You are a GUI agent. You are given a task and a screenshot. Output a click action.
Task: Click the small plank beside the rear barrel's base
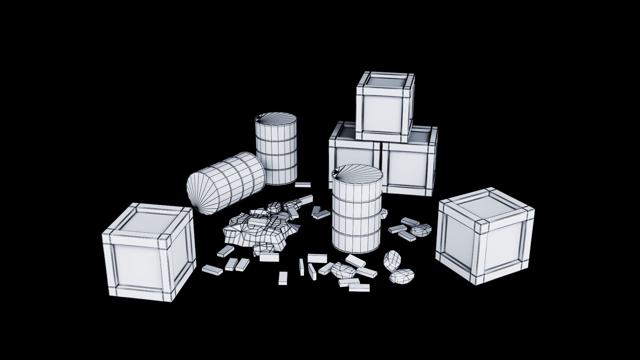click(x=303, y=184)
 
